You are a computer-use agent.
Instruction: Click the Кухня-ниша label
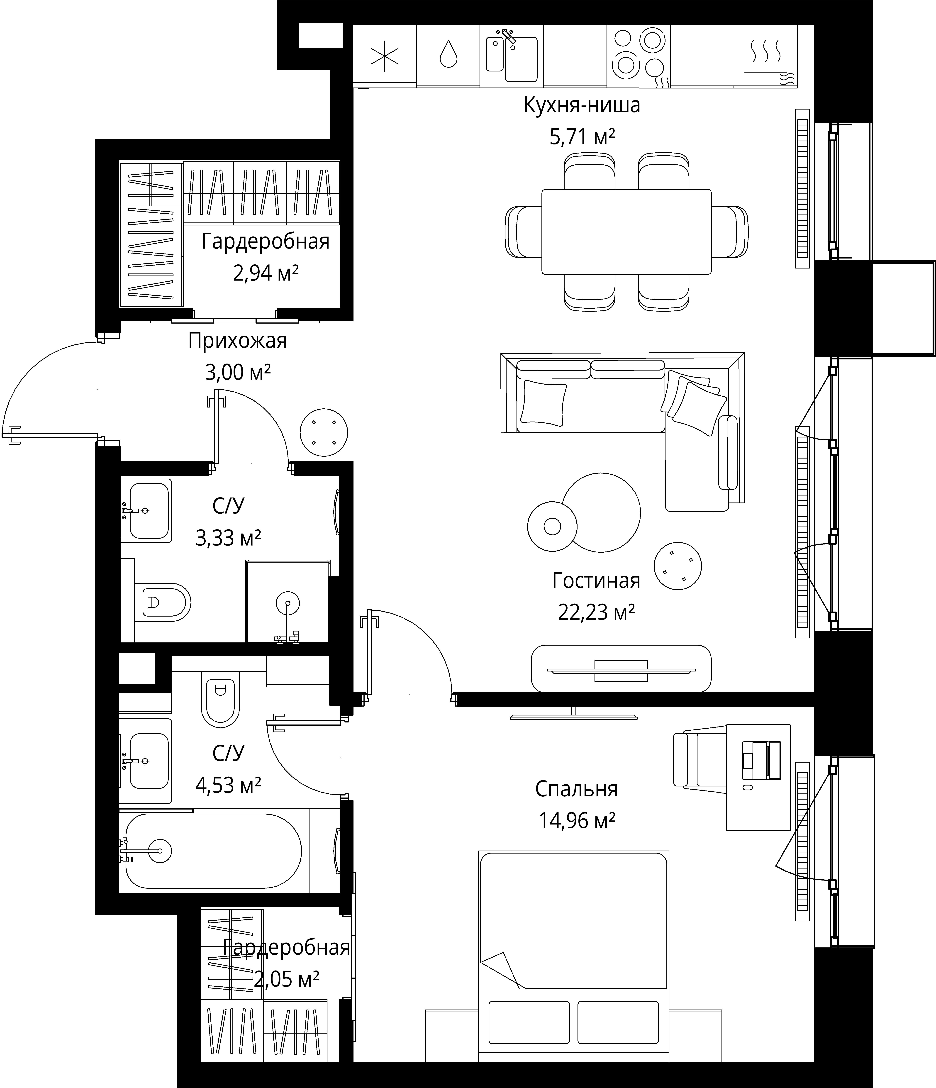pyautogui.click(x=582, y=105)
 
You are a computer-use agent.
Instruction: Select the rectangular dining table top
pyautogui.click(x=626, y=232)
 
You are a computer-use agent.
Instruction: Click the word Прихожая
pyautogui.click(x=237, y=341)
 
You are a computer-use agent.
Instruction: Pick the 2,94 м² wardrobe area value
pyautogui.click(x=266, y=273)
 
